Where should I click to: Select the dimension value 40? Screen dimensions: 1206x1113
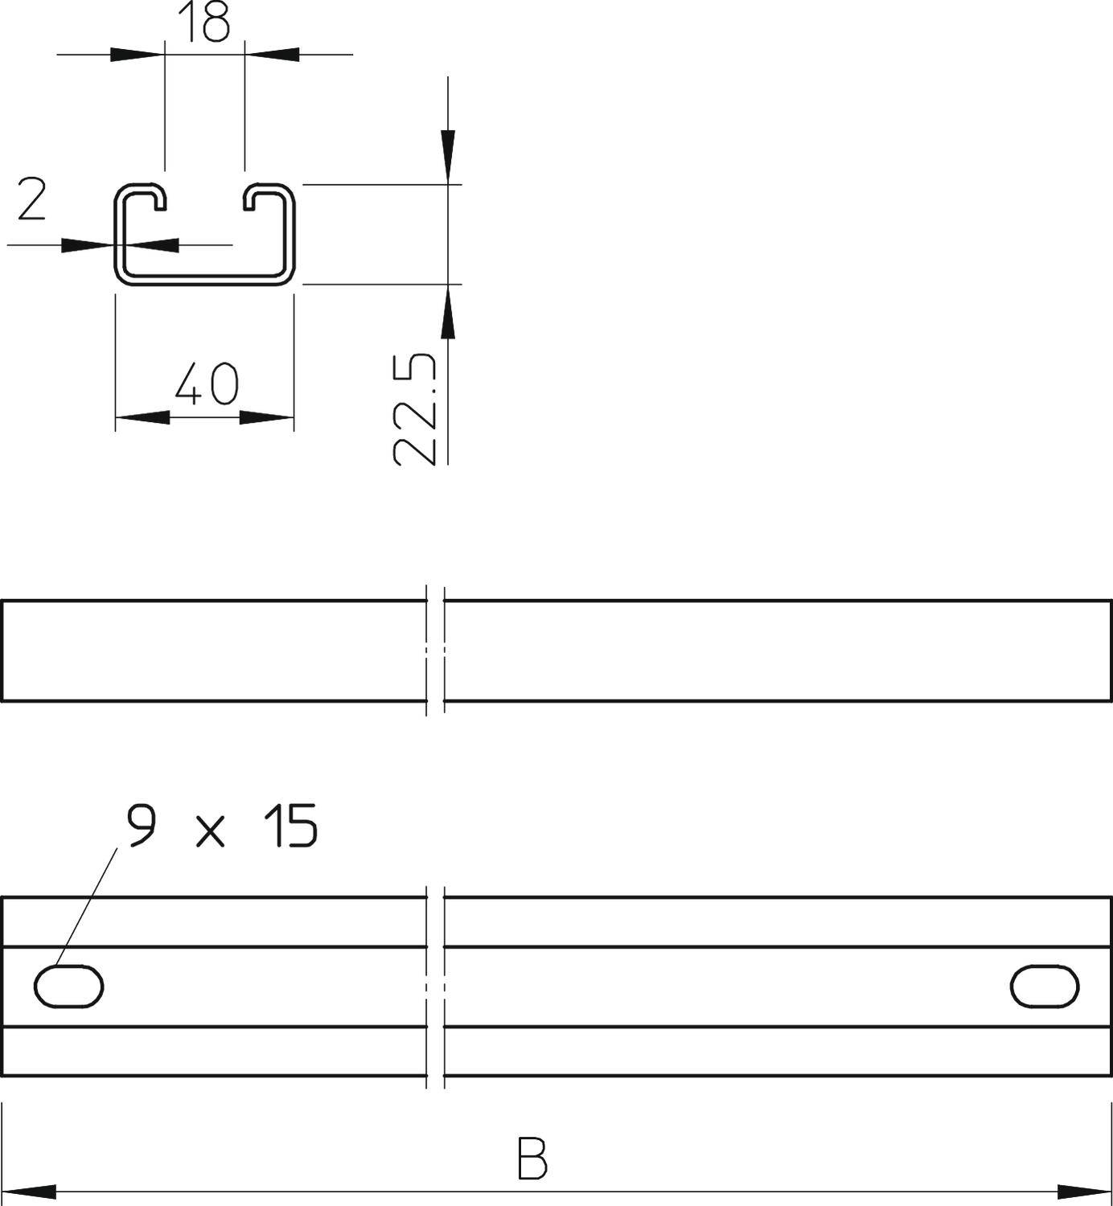coord(207,384)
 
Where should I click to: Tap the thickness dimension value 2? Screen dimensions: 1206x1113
coord(31,200)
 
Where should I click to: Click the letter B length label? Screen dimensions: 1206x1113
coord(533,1157)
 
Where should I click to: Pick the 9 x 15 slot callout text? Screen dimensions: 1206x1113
coord(222,826)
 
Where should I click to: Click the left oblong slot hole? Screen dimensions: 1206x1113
coord(68,987)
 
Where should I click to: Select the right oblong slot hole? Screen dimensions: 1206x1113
coord(1044,987)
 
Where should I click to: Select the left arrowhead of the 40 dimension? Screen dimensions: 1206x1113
coord(142,417)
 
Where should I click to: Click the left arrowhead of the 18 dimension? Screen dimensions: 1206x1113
coord(135,55)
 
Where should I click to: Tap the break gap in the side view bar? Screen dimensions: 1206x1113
coord(434,650)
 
